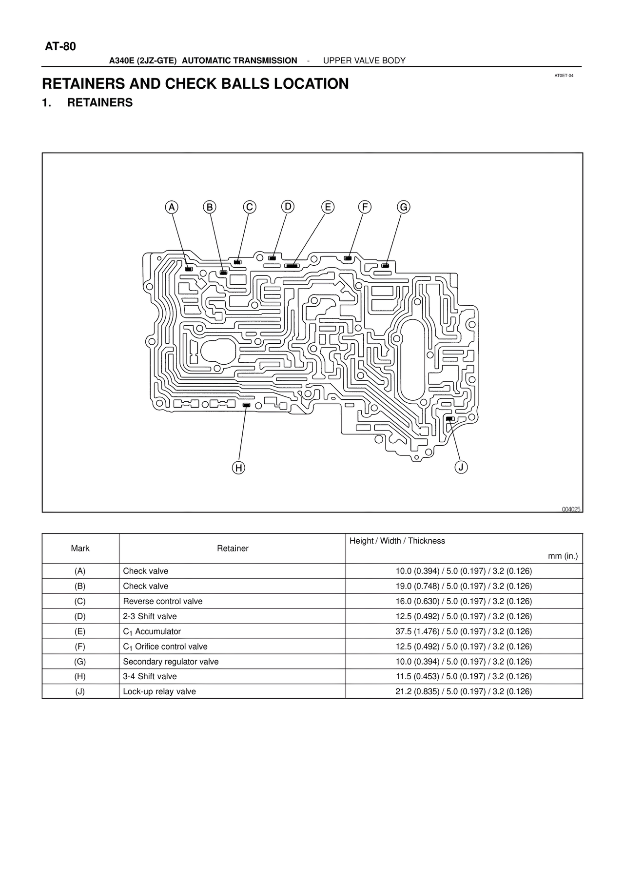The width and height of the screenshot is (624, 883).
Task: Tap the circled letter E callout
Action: point(328,207)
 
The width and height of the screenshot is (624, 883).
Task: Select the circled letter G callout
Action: point(404,207)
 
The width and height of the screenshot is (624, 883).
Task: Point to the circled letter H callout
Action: point(238,468)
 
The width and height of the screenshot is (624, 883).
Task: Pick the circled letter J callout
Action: point(461,467)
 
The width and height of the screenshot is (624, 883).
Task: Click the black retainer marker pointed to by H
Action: point(246,405)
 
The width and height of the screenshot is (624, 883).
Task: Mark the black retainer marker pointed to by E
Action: point(292,266)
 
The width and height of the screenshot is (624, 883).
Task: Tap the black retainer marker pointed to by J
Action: point(449,418)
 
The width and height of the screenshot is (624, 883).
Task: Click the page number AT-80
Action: point(60,47)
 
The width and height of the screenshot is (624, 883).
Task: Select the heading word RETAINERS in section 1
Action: point(99,103)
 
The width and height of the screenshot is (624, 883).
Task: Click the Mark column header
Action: point(80,549)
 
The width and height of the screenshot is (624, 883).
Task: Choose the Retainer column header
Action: point(233,549)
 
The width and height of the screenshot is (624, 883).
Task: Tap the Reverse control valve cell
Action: point(162,601)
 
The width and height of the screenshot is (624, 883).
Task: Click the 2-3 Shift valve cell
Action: point(150,616)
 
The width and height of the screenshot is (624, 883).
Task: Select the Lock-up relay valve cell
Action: point(159,691)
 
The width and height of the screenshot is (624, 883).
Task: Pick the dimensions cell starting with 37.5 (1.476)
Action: point(464,631)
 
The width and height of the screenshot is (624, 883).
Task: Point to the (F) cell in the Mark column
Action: point(80,647)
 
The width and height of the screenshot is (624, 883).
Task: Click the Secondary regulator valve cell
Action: point(171,662)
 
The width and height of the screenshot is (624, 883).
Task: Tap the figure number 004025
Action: point(571,509)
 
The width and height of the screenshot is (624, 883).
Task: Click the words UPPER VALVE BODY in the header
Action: point(364,60)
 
